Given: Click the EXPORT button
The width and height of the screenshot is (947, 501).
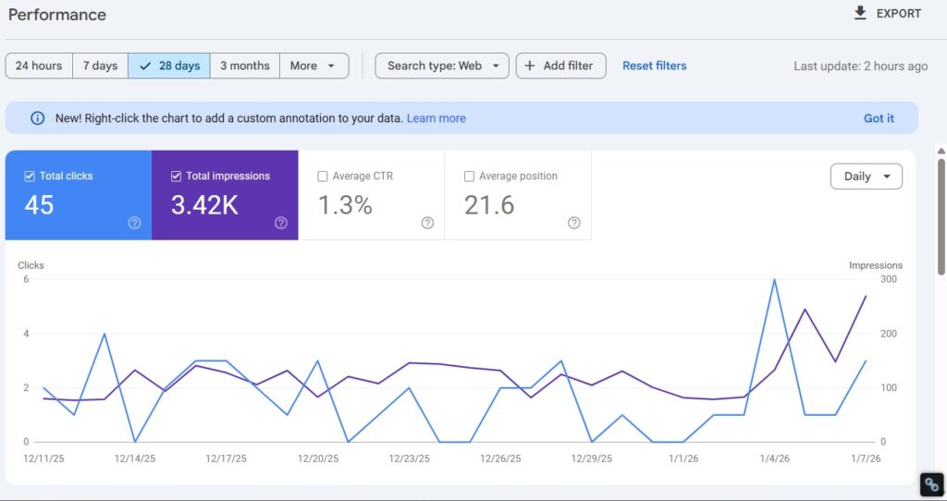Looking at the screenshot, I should (887, 14).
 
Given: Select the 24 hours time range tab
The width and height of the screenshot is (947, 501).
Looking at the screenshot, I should (39, 66).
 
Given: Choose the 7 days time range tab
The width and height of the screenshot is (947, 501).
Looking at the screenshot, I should (100, 66).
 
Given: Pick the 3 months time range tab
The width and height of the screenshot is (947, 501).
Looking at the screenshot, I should (245, 66).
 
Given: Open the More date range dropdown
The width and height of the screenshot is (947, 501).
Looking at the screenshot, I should (314, 66).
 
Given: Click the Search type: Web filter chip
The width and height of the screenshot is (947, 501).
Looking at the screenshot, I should (442, 66).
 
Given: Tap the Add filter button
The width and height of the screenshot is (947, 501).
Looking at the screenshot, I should (560, 66).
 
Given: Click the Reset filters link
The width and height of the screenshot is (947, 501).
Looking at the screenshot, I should (655, 66).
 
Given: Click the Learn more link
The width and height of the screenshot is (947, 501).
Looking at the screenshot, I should (437, 118).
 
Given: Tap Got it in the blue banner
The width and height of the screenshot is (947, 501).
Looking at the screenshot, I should (879, 118).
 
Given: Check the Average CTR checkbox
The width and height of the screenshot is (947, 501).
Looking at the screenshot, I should (323, 177).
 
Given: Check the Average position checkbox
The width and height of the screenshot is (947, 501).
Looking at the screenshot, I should (469, 177).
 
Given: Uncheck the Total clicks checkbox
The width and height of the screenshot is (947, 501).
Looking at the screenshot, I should (30, 177).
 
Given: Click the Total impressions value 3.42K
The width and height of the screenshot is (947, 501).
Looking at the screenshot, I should (204, 205).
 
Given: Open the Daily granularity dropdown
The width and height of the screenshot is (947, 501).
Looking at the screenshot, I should (867, 177).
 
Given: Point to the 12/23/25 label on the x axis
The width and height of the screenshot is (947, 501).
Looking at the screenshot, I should (408, 458).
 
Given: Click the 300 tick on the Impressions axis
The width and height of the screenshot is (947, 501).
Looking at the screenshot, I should (890, 279).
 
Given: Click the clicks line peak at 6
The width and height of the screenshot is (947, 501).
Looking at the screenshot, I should (773, 280).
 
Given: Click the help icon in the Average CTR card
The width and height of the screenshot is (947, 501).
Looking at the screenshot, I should (427, 223).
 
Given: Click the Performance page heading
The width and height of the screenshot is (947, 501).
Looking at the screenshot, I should (57, 15).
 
